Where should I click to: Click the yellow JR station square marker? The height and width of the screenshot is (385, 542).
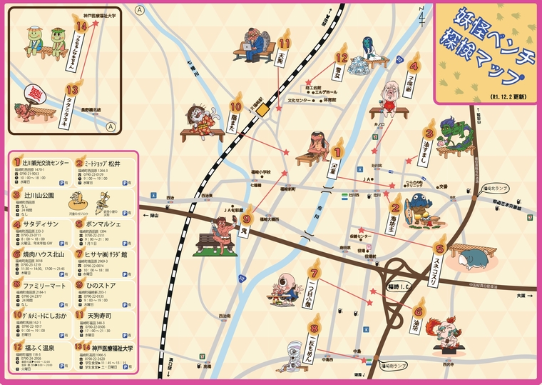[x=262, y=111]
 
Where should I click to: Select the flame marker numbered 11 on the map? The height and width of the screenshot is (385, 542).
[x=285, y=36]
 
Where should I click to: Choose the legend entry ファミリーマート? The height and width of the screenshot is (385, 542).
[x=36, y=284]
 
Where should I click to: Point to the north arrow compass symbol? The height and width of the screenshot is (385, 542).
[x=425, y=14]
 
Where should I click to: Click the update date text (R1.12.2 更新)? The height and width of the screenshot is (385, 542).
[x=508, y=95]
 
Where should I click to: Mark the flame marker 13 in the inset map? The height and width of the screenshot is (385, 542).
[x=71, y=89]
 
